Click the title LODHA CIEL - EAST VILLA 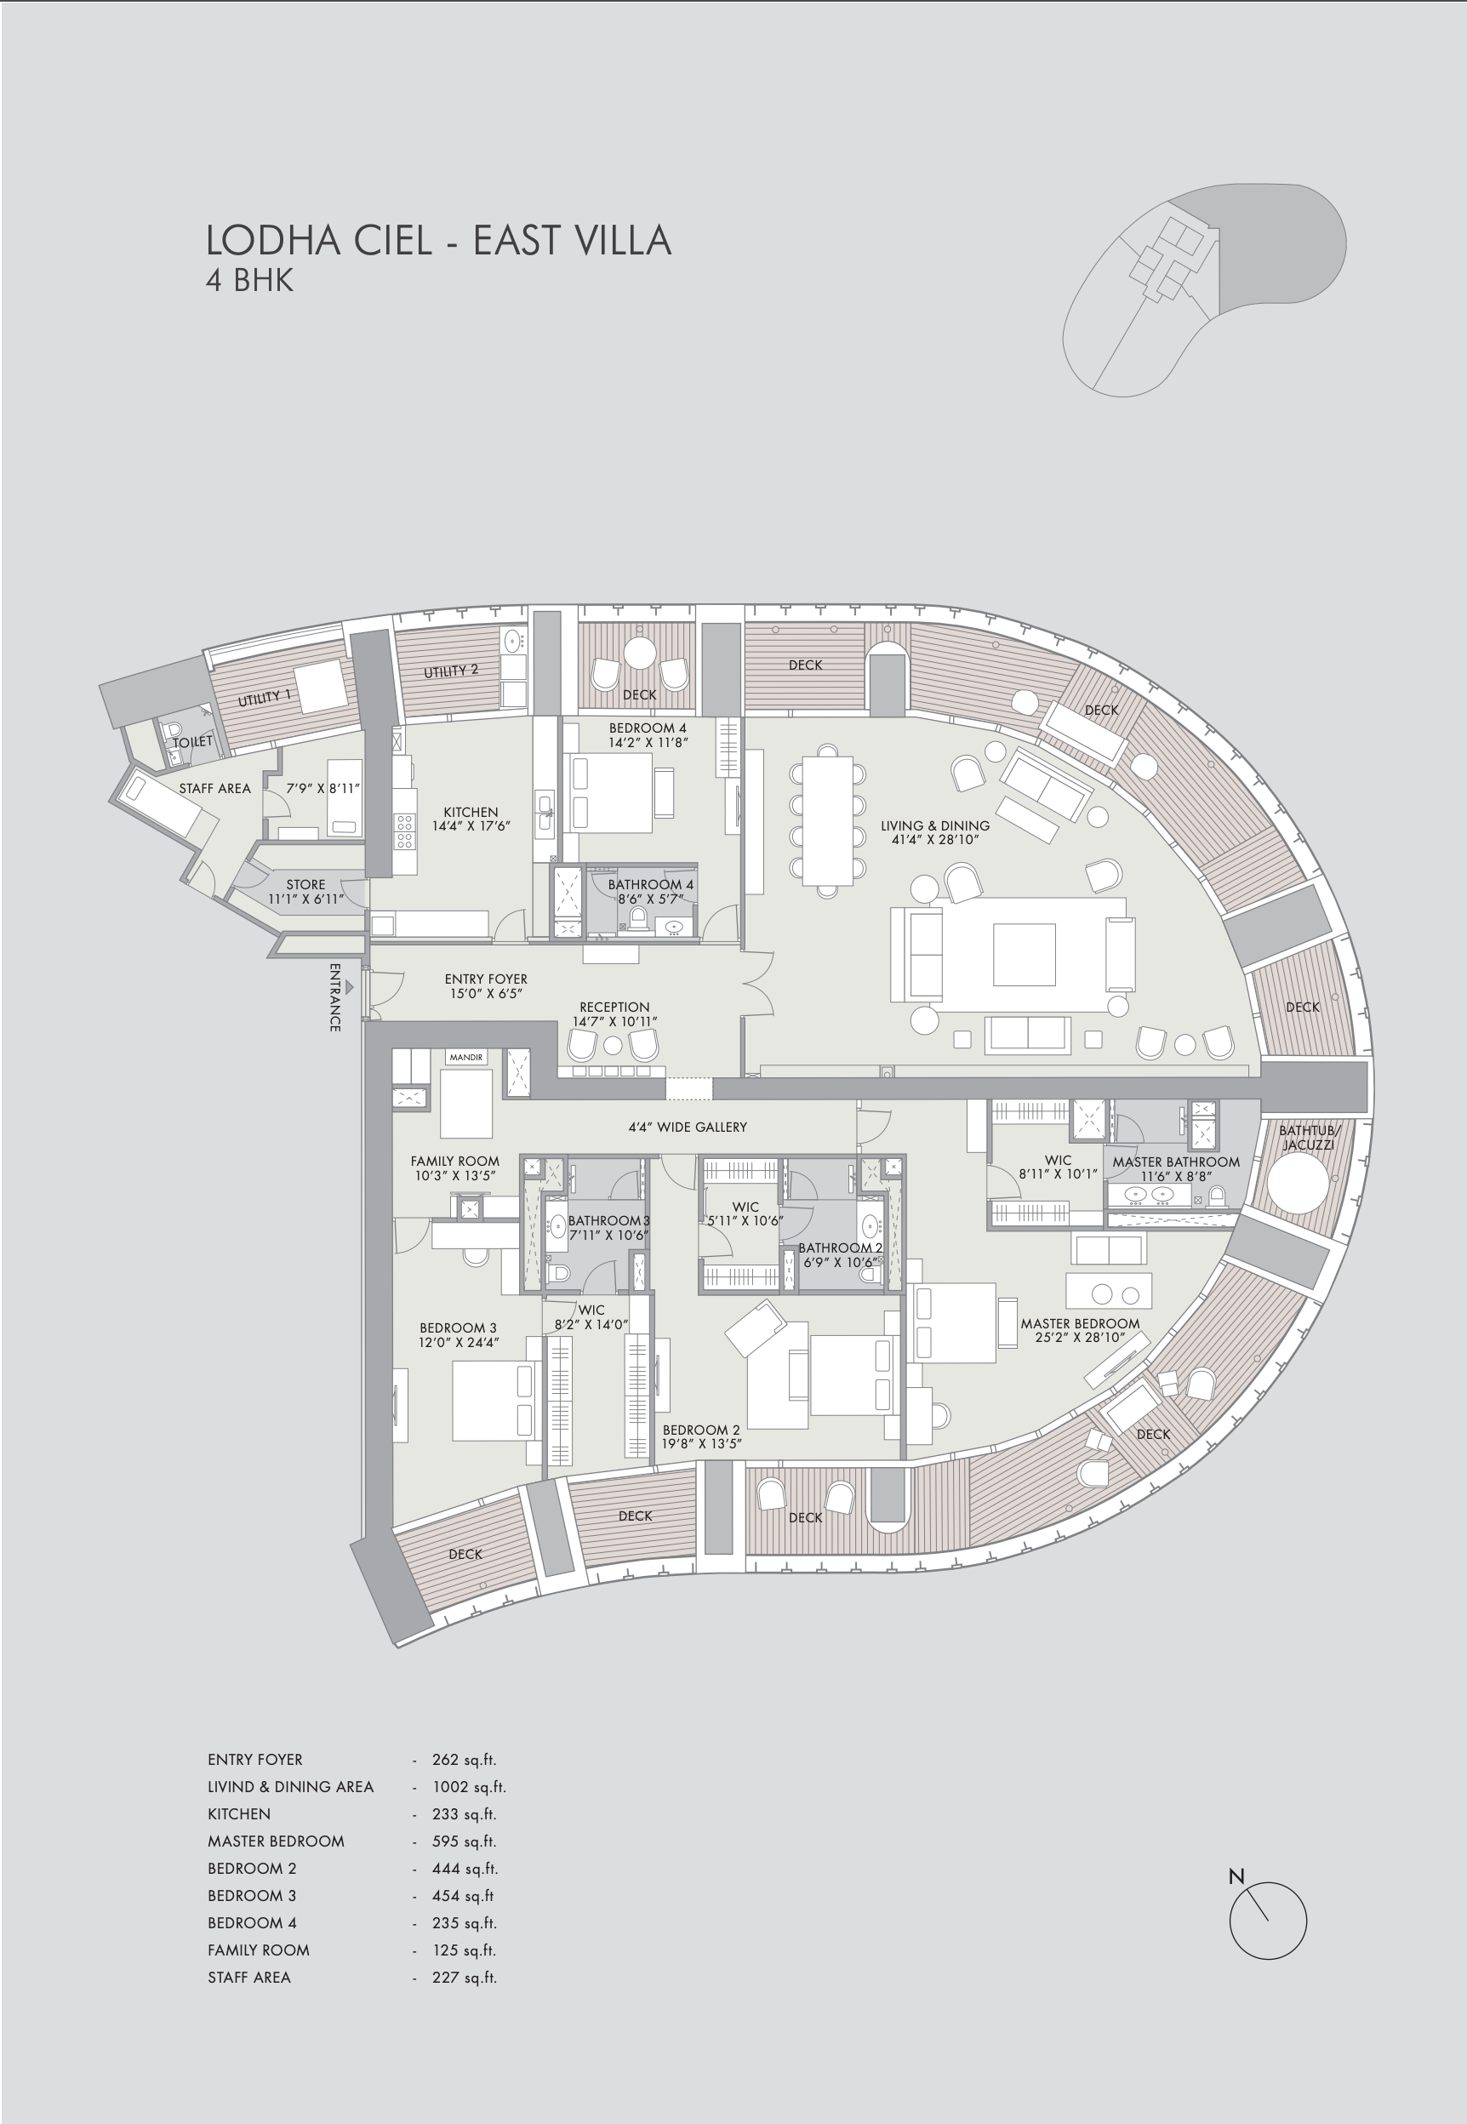[x=438, y=240]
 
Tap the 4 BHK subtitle [x=249, y=280]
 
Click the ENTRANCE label [x=335, y=997]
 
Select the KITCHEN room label [x=471, y=813]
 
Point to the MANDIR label [x=466, y=1058]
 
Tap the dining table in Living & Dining [x=827, y=819]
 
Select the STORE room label [x=305, y=884]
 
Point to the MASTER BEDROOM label [x=1080, y=1323]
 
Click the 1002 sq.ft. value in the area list [x=469, y=1787]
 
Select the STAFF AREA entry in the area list [x=249, y=1977]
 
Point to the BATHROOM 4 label [x=650, y=884]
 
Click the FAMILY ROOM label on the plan [x=455, y=1161]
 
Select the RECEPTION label [x=614, y=1008]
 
